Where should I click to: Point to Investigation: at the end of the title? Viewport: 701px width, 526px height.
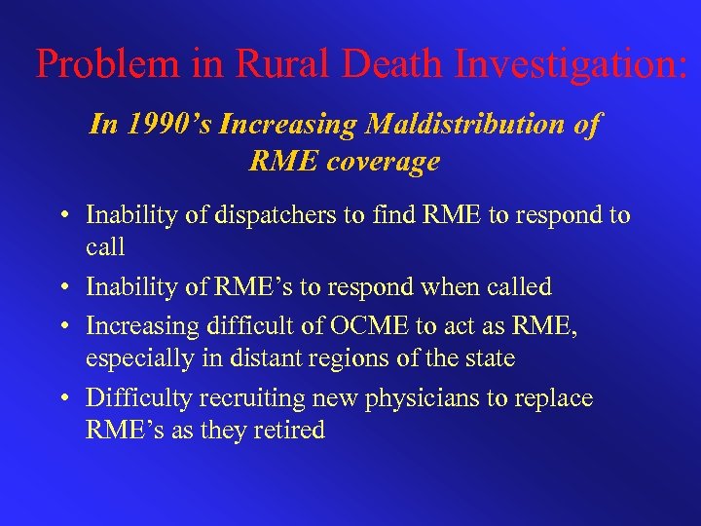coord(572,65)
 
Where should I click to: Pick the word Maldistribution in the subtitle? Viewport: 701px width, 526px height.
coord(483,125)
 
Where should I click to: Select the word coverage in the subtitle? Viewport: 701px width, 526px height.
coord(383,161)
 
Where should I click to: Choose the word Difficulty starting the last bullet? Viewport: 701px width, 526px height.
coord(136,397)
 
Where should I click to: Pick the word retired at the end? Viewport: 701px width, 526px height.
coord(287,431)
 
